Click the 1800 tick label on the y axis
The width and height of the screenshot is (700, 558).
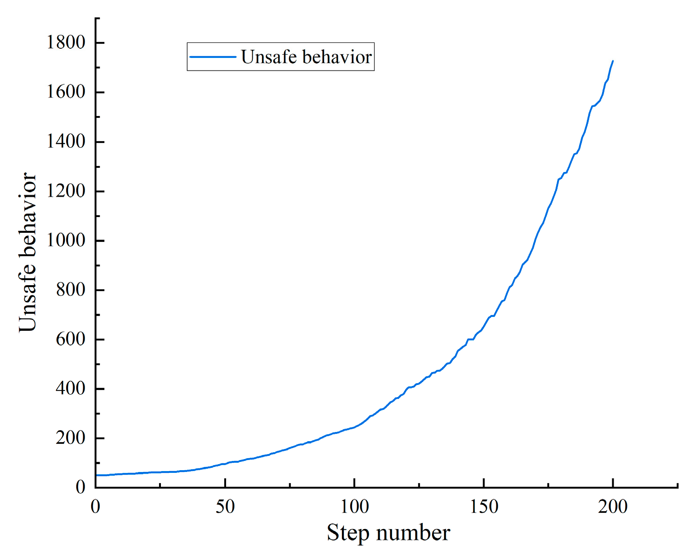click(x=66, y=42)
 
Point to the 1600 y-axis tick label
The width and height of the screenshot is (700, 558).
click(x=66, y=92)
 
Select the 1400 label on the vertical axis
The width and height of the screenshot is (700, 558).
click(x=66, y=141)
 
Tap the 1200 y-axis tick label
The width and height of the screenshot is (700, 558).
click(x=66, y=191)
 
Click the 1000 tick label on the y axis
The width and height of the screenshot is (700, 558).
click(x=66, y=240)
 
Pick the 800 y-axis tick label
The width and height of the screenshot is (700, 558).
click(x=71, y=290)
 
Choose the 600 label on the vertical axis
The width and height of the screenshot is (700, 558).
click(x=71, y=339)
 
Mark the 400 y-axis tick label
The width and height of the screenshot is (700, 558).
click(x=71, y=389)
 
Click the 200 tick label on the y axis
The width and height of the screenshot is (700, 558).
click(x=71, y=438)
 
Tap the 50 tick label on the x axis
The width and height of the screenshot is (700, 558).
click(x=225, y=507)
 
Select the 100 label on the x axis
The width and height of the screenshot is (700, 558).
click(x=354, y=507)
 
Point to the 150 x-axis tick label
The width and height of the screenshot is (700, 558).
click(x=484, y=507)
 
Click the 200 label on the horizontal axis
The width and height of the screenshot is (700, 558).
click(x=613, y=507)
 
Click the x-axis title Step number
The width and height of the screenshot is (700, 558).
click(x=388, y=533)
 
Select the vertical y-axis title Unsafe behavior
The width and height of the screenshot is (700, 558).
click(x=28, y=252)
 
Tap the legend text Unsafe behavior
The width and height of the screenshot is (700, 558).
click(x=306, y=57)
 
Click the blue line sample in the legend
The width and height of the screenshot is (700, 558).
click(x=213, y=57)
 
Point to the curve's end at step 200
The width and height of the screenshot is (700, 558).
click(x=613, y=61)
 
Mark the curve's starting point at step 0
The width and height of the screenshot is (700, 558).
click(x=96, y=475)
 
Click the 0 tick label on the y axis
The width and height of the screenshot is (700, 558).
click(x=80, y=487)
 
